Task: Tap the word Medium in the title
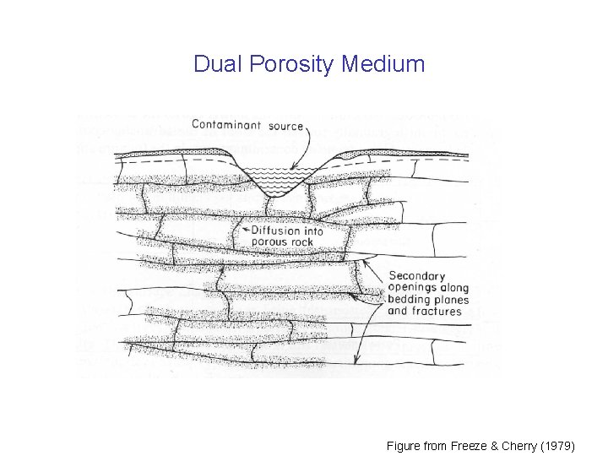point(384,64)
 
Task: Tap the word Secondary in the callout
point(417,275)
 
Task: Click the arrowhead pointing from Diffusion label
point(243,230)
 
